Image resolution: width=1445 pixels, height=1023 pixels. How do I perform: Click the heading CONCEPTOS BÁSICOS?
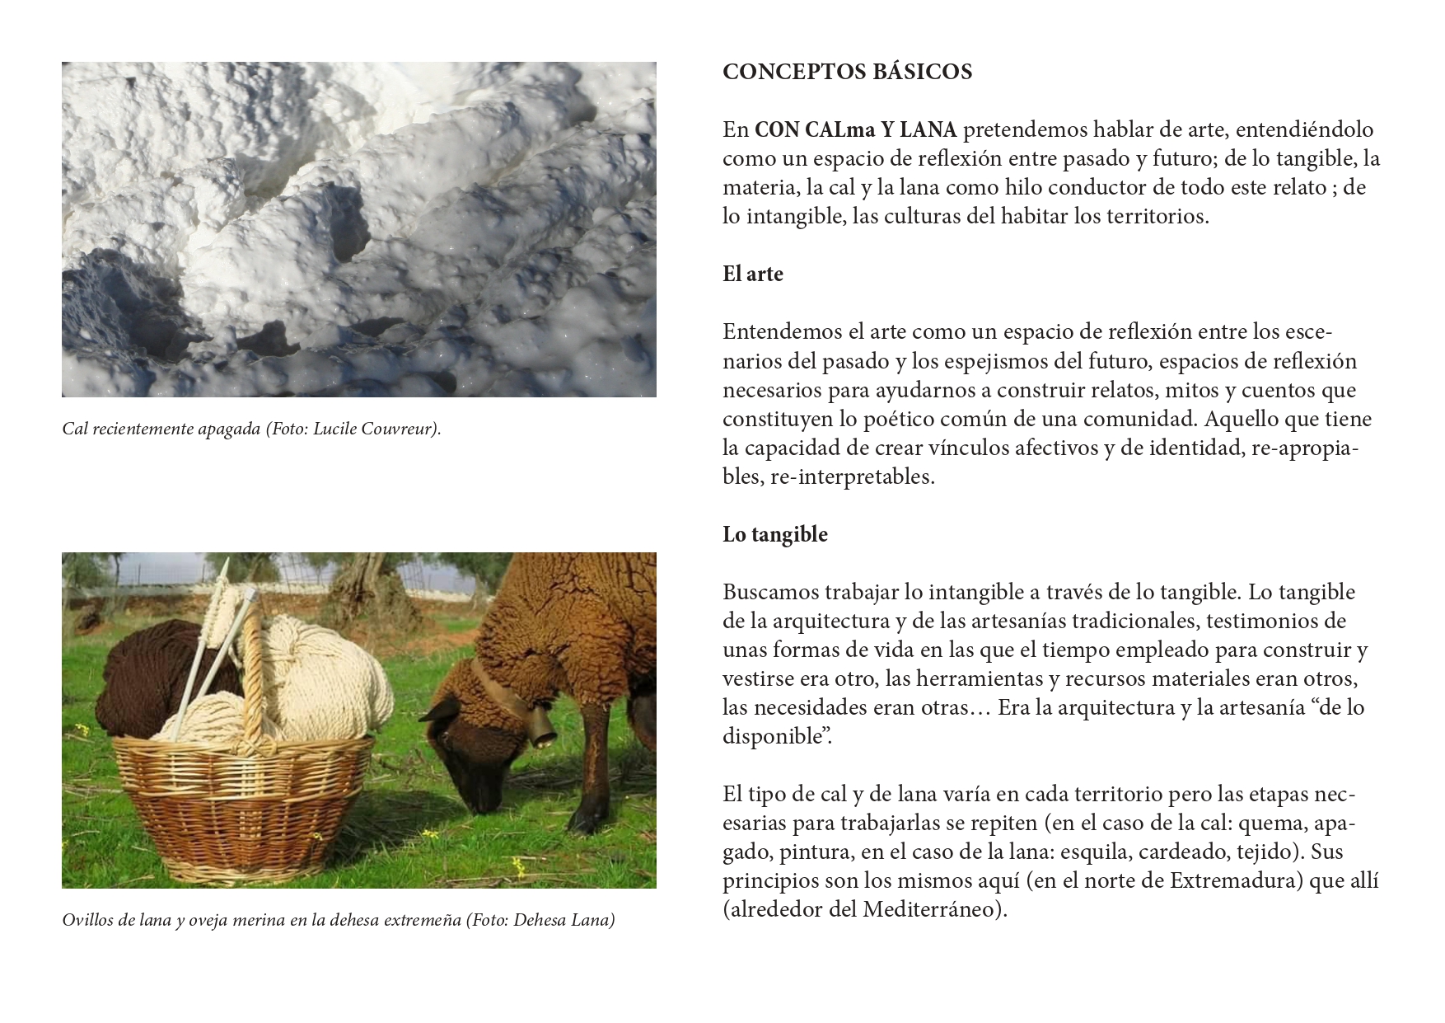click(847, 72)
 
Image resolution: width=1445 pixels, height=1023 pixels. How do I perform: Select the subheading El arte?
click(752, 274)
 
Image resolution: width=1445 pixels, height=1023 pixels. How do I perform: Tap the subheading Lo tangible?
click(774, 534)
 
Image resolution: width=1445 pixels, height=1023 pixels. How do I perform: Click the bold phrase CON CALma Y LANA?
click(855, 129)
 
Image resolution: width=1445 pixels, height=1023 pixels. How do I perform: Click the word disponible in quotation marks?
click(774, 736)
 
